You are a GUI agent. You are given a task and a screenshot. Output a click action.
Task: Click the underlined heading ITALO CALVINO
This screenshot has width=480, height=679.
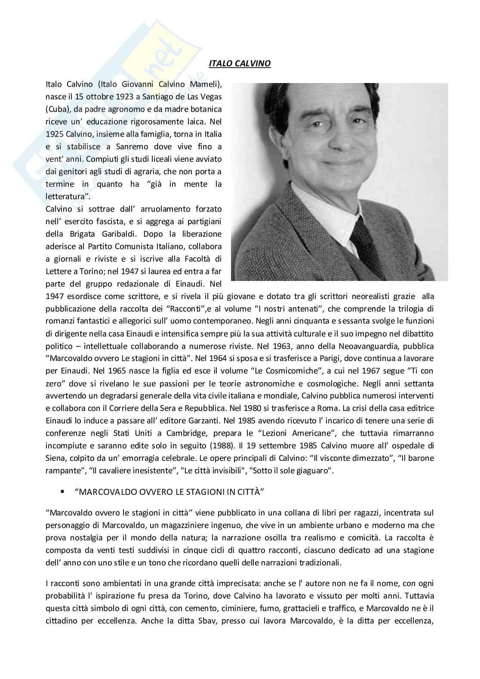tap(240, 64)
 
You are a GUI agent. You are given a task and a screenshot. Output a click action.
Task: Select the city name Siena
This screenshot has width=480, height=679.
tap(55, 458)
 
